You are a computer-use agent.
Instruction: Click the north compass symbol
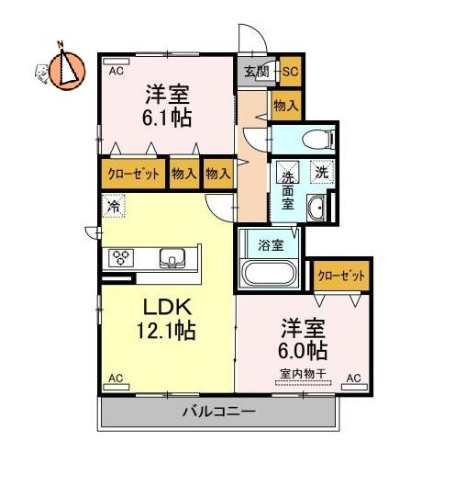[x=67, y=71]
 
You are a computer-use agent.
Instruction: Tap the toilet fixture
[x=318, y=139]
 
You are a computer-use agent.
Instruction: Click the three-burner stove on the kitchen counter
[x=121, y=258]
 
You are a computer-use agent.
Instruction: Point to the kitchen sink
[x=172, y=258]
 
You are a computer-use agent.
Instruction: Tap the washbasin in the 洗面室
[x=316, y=209]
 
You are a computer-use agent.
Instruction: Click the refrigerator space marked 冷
[x=114, y=206]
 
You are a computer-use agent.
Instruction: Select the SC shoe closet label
[x=291, y=72]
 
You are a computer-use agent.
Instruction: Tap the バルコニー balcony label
[x=219, y=412]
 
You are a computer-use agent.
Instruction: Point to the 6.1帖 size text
[x=166, y=118]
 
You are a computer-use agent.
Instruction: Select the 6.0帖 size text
[x=303, y=350]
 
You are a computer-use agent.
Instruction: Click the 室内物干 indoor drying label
[x=304, y=374]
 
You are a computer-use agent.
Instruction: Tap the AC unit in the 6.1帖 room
[x=116, y=61]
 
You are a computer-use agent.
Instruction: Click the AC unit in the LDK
[x=116, y=387]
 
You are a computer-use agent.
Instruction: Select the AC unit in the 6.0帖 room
[x=355, y=387]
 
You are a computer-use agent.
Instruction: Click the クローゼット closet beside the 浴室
[x=341, y=276]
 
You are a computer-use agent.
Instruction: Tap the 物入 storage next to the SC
[x=286, y=106]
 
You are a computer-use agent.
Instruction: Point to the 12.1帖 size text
[x=166, y=331]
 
